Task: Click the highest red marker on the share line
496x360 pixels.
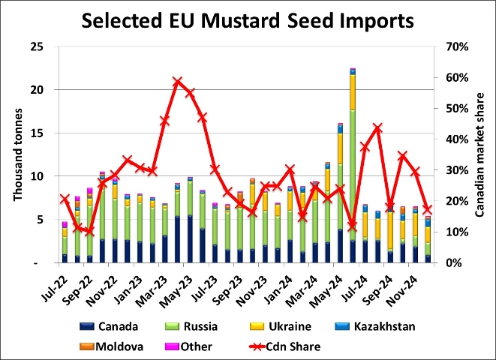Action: pyautogui.click(x=177, y=82)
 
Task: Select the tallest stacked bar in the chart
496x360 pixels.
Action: pyautogui.click(x=352, y=165)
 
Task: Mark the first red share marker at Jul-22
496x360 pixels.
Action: pyautogui.click(x=65, y=199)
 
